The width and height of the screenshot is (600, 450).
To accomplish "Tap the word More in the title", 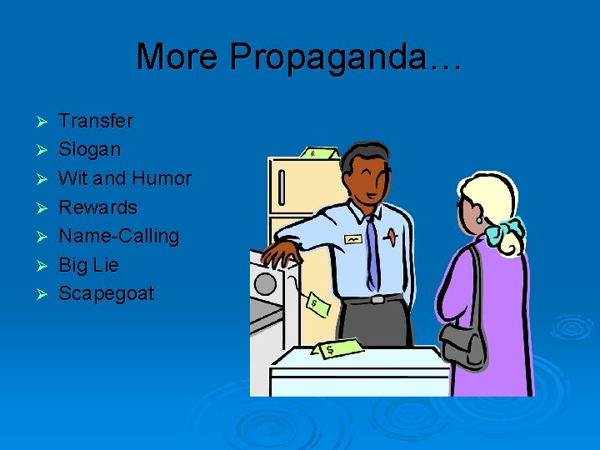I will pyautogui.click(x=179, y=57).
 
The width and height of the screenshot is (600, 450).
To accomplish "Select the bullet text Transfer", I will pyautogui.click(x=96, y=121).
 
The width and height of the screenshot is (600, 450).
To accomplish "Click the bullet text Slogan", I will pyautogui.click(x=89, y=150).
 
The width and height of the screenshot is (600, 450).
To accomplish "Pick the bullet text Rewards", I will pyautogui.click(x=97, y=207).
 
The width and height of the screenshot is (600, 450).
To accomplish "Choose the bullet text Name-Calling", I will pyautogui.click(x=118, y=236).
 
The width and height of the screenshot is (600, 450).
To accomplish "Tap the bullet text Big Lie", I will pyautogui.click(x=88, y=265).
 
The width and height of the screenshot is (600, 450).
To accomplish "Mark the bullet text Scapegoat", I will pyautogui.click(x=106, y=294).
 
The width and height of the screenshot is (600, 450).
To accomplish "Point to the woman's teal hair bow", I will pyautogui.click(x=507, y=229).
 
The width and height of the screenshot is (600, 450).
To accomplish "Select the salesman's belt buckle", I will pyautogui.click(x=377, y=299).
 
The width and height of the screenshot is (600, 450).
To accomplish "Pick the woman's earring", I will pyautogui.click(x=481, y=218).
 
